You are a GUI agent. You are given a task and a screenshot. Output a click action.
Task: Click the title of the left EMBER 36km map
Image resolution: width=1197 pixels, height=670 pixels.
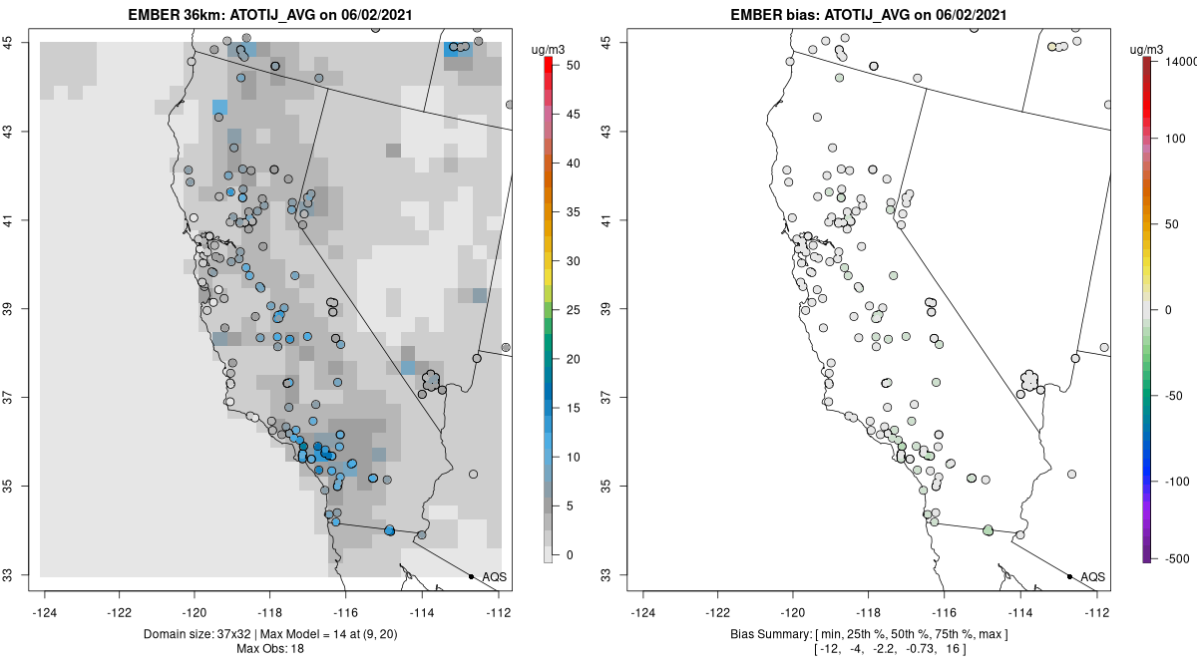pyautogui.click(x=271, y=15)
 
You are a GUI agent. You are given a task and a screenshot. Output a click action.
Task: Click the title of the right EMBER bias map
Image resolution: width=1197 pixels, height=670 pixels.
pyautogui.click(x=869, y=15)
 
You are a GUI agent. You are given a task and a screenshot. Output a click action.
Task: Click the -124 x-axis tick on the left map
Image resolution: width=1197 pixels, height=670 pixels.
pyautogui.click(x=45, y=612)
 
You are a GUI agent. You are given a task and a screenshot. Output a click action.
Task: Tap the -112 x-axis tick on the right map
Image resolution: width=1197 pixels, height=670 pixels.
pyautogui.click(x=1097, y=612)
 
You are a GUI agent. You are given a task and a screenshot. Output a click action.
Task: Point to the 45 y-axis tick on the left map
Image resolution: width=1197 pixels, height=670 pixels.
pyautogui.click(x=19, y=42)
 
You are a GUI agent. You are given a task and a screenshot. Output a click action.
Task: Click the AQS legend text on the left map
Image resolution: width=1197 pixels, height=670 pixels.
pyautogui.click(x=495, y=576)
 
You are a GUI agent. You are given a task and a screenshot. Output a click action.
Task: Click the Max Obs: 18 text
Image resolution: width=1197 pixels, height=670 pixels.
pyautogui.click(x=270, y=649)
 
